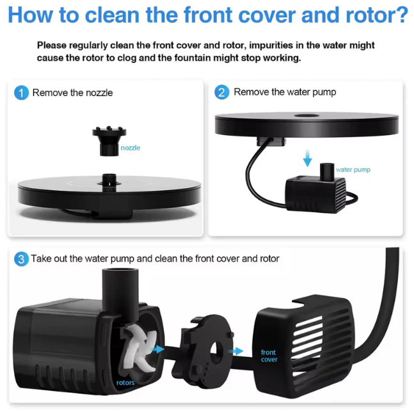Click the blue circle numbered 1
pos(21,93)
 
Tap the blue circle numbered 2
pos(222,92)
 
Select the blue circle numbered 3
pos(21,259)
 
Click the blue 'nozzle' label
pos(131,148)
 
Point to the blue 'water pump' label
pos(353,170)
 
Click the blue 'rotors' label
pos(125,383)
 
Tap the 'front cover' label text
pos(269,356)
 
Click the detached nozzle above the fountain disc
pos(109,141)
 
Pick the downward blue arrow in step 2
pos(307,158)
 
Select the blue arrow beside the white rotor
pos(158,349)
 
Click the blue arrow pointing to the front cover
pos(236,351)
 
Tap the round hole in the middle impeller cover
pos(216,352)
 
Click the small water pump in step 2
pos(316,189)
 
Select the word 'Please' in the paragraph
pos(52,45)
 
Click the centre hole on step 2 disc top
pos(307,115)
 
